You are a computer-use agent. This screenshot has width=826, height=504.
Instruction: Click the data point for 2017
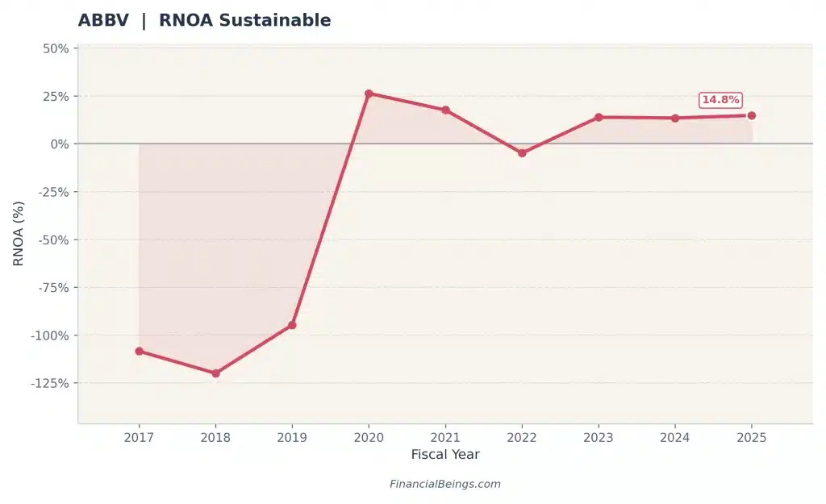click(x=139, y=351)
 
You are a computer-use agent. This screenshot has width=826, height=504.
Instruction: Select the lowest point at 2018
click(x=215, y=373)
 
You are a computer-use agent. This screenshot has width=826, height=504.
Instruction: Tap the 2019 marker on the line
click(x=292, y=325)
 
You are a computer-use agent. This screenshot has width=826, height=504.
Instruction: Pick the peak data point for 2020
click(x=369, y=94)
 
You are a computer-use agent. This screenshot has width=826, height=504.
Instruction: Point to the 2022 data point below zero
click(x=522, y=152)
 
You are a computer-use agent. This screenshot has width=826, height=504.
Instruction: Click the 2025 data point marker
click(x=751, y=115)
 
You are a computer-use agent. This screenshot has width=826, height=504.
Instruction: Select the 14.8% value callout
click(x=720, y=100)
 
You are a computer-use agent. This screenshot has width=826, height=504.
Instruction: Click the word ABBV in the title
click(x=103, y=21)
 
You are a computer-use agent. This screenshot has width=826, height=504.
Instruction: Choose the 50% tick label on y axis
click(x=55, y=48)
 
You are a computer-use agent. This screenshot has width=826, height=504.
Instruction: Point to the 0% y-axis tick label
click(x=59, y=144)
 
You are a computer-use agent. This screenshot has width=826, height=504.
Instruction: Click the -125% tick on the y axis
click(x=49, y=383)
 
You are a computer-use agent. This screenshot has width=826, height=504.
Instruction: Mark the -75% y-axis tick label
click(x=52, y=288)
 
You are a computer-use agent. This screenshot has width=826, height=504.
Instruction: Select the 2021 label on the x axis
click(x=445, y=438)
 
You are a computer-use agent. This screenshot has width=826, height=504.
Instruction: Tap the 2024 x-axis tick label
click(x=675, y=438)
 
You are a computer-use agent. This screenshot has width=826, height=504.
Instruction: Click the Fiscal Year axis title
click(x=445, y=455)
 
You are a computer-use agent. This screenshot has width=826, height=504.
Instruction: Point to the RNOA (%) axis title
click(x=19, y=234)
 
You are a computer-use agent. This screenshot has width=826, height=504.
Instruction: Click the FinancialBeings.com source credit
click(x=445, y=485)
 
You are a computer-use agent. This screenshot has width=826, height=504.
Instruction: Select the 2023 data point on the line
click(x=599, y=117)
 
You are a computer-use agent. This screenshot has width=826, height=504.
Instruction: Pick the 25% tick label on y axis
click(x=55, y=96)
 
